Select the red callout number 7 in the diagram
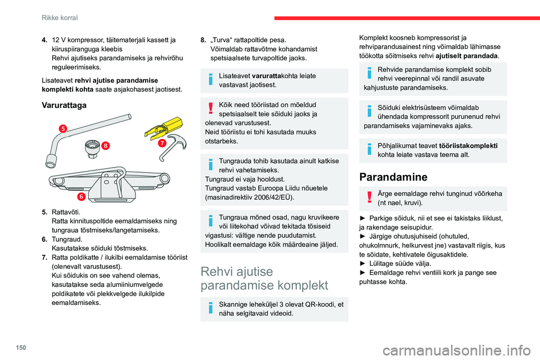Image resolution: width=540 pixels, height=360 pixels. (x=161, y=143)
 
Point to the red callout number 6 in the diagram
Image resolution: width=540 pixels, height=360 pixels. (x=81, y=197)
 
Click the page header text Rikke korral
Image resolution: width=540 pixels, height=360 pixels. (x=60, y=18)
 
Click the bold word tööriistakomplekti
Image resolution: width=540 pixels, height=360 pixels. (x=468, y=145)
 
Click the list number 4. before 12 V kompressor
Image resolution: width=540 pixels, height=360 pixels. (x=45, y=40)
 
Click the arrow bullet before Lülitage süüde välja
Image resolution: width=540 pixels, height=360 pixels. (x=362, y=263)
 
